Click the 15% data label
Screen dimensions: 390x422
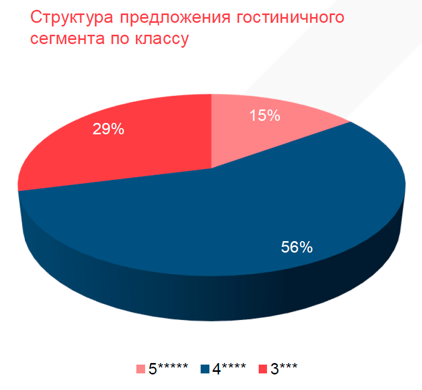pos(264,116)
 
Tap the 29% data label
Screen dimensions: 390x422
pos(108,129)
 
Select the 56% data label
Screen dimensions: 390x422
pos(297,247)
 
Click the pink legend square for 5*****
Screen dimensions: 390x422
pos(141,369)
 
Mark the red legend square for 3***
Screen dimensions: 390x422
pos(262,369)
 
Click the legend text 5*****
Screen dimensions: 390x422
pos(168,369)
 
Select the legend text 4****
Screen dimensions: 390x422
pos(229,369)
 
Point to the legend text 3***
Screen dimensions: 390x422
pos(284,369)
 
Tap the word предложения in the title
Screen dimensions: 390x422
pos(173,18)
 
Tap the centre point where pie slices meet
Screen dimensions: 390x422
pos(212,168)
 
